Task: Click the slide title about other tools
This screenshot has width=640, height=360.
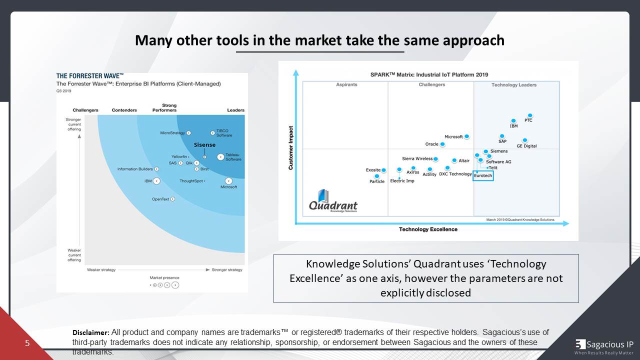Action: pyautogui.click(x=319, y=40)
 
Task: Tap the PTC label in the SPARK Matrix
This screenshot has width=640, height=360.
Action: pyautogui.click(x=528, y=120)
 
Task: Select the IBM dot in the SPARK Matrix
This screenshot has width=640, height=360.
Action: pyautogui.click(x=513, y=120)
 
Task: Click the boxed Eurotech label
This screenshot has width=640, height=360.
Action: pyautogui.click(x=483, y=175)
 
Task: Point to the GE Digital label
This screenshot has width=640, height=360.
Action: pyautogui.click(x=526, y=146)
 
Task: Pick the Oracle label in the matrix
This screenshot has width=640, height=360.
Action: pyautogui.click(x=431, y=144)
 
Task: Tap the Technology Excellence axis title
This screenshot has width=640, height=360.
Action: pyautogui.click(x=428, y=229)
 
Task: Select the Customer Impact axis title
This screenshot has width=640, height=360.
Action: pyautogui.click(x=291, y=147)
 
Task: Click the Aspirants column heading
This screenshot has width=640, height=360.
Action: pyautogui.click(x=346, y=85)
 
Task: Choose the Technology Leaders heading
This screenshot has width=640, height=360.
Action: pyautogui.click(x=513, y=85)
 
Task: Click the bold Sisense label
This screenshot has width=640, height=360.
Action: pyautogui.click(x=204, y=145)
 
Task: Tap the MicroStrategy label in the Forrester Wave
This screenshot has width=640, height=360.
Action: pyautogui.click(x=172, y=133)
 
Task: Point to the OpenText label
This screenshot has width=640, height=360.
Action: pyautogui.click(x=160, y=199)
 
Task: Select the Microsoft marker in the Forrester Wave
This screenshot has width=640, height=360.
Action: pyautogui.click(x=228, y=180)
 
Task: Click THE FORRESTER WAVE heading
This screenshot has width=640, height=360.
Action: pyautogui.click(x=90, y=76)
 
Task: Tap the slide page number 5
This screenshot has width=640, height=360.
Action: pyautogui.click(x=27, y=343)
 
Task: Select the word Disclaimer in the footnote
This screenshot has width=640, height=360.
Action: pyautogui.click(x=90, y=332)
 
